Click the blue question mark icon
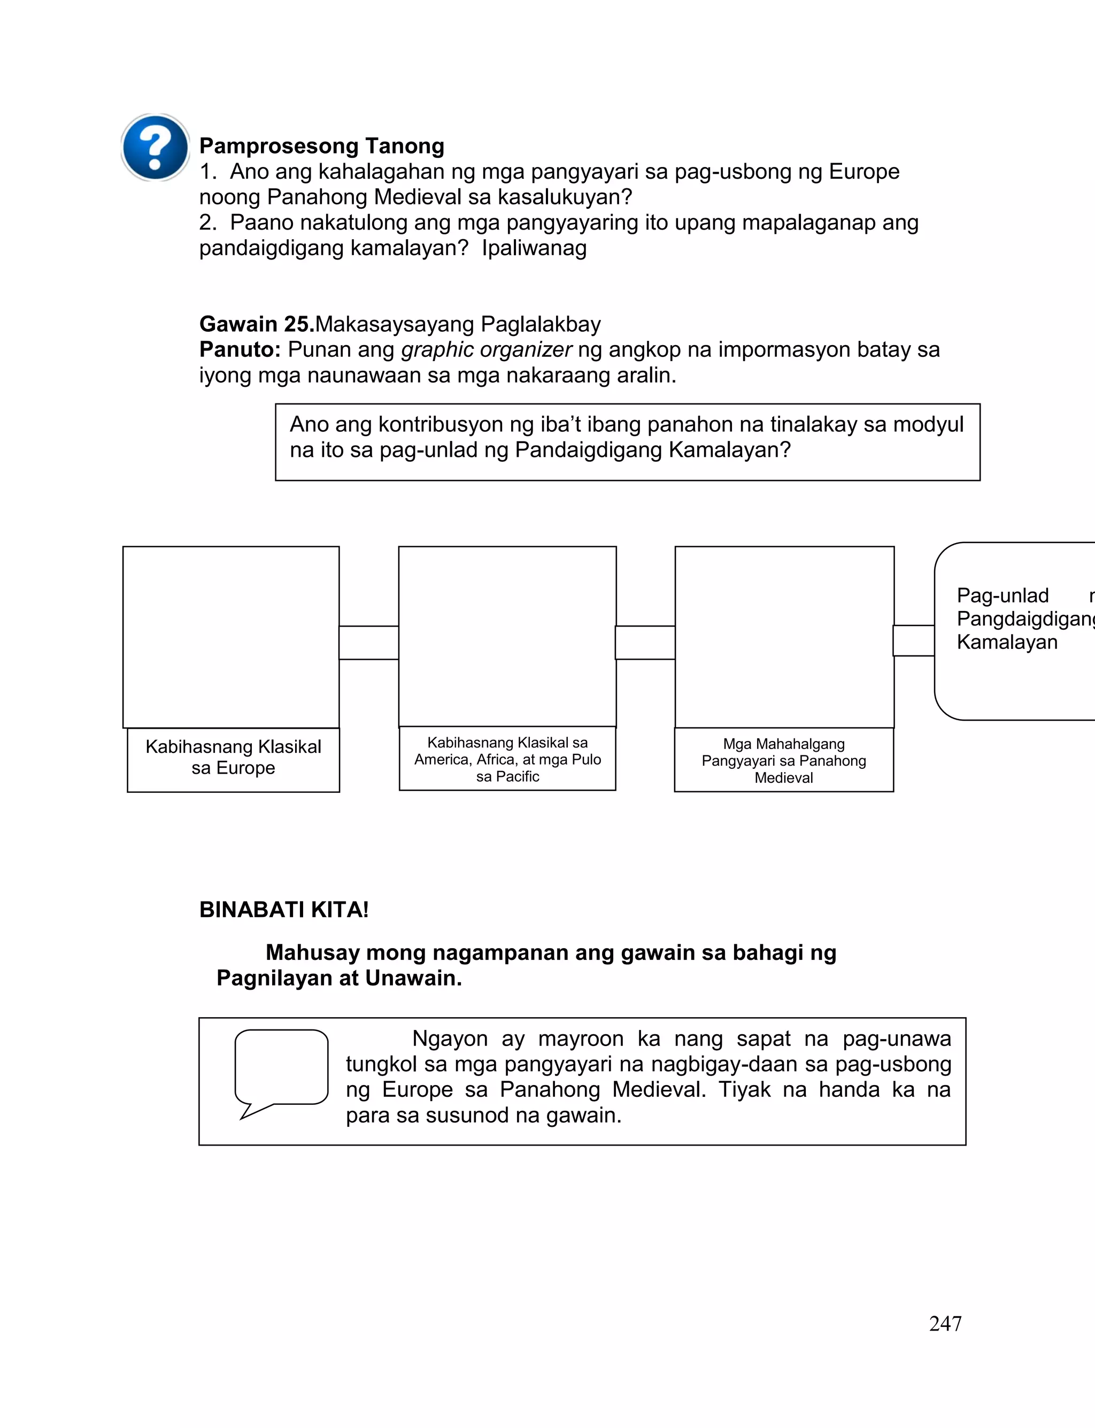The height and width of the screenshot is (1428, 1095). coord(155,147)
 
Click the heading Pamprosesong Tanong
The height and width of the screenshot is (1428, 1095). coord(321,146)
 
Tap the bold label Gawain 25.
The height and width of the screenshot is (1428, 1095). coord(257,324)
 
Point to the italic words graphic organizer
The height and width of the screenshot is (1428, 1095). coord(486,349)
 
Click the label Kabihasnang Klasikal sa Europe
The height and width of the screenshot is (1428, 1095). coord(233,757)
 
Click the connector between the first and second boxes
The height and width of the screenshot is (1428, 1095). coord(369,643)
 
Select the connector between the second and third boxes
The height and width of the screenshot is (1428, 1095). coord(645,643)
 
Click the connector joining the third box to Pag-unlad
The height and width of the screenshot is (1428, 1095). coord(914,640)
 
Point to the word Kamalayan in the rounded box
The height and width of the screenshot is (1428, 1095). coord(1007,642)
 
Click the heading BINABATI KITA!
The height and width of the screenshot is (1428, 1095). coord(284,910)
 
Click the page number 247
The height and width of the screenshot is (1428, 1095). coord(945,1324)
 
